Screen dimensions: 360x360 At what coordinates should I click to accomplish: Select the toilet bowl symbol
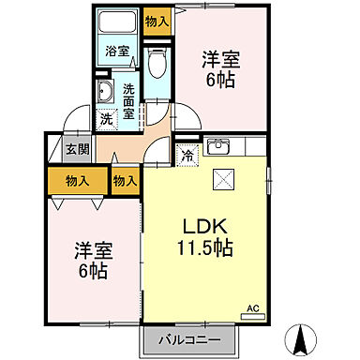pyautogui.click(x=157, y=63)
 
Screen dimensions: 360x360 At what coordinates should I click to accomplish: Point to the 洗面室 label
pyautogui.click(x=128, y=99)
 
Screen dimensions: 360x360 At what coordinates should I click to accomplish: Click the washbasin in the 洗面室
pyautogui.click(x=104, y=92)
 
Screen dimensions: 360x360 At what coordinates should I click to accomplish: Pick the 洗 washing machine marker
pyautogui.click(x=107, y=119)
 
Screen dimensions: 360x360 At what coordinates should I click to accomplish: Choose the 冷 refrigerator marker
pyautogui.click(x=186, y=155)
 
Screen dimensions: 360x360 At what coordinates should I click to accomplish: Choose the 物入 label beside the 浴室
pyautogui.click(x=157, y=20)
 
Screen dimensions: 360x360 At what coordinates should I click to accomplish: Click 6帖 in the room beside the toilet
pyautogui.click(x=222, y=81)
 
